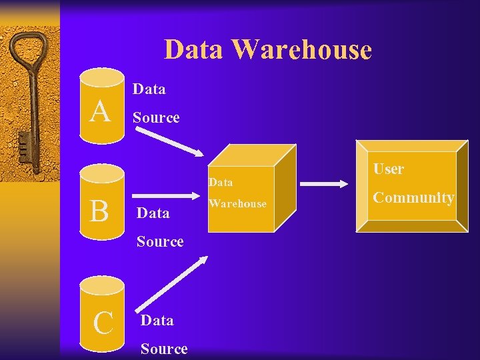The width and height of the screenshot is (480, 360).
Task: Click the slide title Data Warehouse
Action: (x=267, y=50)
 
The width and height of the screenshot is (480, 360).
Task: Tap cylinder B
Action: (x=102, y=203)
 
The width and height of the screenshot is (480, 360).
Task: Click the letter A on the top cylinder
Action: (x=101, y=111)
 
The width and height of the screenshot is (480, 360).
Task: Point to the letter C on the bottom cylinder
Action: (x=103, y=323)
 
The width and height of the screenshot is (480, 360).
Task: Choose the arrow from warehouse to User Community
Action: (x=327, y=183)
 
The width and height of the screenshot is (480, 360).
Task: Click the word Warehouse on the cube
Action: (x=237, y=203)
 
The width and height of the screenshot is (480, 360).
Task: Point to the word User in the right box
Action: (x=388, y=169)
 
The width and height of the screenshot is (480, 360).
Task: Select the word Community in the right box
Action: (x=413, y=197)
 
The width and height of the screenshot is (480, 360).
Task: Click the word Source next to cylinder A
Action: (x=156, y=117)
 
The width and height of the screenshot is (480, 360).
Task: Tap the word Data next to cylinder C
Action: (x=157, y=320)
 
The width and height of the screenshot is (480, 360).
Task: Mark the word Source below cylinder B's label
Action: (x=160, y=241)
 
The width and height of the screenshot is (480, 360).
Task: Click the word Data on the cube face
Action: (x=221, y=182)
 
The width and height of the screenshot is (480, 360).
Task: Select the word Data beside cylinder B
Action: (x=153, y=213)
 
